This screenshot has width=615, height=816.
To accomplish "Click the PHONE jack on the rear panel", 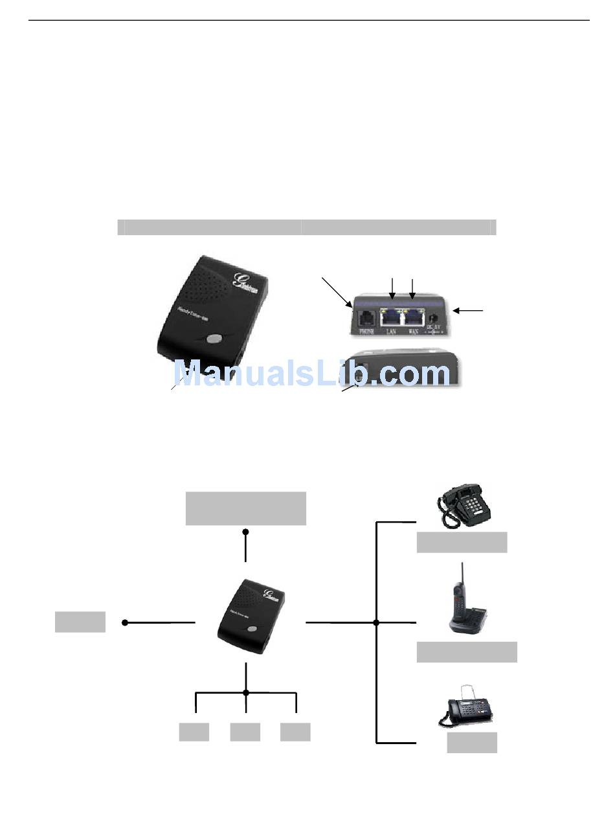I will point(366,318).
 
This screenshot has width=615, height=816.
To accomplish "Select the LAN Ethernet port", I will point(391,317).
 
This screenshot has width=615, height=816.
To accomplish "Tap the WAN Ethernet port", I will point(412,317).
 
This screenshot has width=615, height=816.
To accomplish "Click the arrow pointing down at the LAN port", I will point(392,287).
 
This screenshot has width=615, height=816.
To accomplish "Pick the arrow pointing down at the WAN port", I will point(412,287).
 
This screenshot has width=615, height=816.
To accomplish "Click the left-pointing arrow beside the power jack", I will point(467,312).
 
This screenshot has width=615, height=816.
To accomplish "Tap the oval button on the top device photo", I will point(212,337).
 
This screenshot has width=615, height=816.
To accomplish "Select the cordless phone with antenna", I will point(466,602).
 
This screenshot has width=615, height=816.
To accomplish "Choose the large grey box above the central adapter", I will point(245,508).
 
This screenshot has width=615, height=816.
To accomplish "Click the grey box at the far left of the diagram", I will point(80,622).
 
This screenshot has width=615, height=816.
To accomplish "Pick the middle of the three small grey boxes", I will point(245,732).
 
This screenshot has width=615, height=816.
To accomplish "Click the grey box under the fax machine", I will point(472,742).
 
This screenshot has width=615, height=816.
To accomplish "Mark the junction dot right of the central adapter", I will point(376,622).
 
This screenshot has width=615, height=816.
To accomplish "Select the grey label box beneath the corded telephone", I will point(462,542).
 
